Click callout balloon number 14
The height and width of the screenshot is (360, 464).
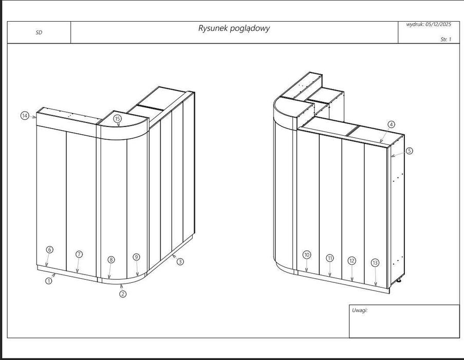click(24, 116)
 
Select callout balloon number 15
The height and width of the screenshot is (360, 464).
click(118, 119)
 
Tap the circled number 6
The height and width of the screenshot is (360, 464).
click(49, 249)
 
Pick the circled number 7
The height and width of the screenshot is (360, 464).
click(79, 254)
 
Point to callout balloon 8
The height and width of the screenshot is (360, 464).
click(112, 260)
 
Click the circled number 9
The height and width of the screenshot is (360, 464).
click(136, 257)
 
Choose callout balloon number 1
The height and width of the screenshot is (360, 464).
click(49, 281)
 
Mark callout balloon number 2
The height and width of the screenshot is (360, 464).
click(123, 294)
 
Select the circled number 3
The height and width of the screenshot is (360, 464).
click(180, 262)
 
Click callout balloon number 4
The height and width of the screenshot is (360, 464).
click(391, 124)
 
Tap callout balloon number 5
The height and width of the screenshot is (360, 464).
click(409, 151)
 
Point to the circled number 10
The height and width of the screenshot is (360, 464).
click(307, 255)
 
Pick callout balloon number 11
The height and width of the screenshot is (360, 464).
click(330, 258)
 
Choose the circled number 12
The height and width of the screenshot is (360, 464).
click(352, 260)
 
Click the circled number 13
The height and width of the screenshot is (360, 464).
click(375, 263)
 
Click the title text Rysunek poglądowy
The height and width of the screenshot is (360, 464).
click(234, 28)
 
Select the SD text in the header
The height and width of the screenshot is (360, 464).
click(39, 32)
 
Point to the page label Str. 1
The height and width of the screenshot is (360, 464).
click(446, 39)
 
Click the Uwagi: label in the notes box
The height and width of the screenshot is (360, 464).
click(360, 310)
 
